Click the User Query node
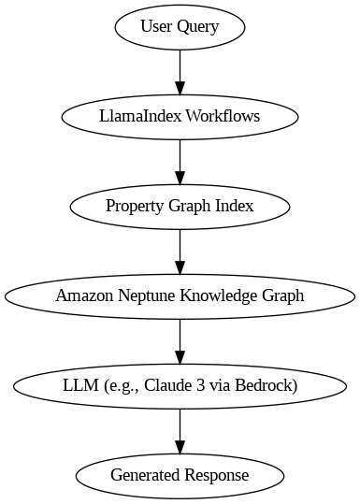[x=180, y=27]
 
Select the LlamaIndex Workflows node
[x=180, y=117]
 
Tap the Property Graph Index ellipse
[x=180, y=207]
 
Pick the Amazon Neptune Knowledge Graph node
[x=180, y=296]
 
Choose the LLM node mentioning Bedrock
[x=180, y=385]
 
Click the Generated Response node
[x=180, y=475]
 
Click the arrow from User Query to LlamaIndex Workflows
[x=180, y=71]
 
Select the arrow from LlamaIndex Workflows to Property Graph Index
[x=180, y=161]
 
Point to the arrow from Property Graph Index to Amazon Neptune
[x=180, y=251]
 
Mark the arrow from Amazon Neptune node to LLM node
[x=180, y=340]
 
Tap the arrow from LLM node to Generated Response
[x=180, y=430]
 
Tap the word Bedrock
[x=268, y=385]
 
